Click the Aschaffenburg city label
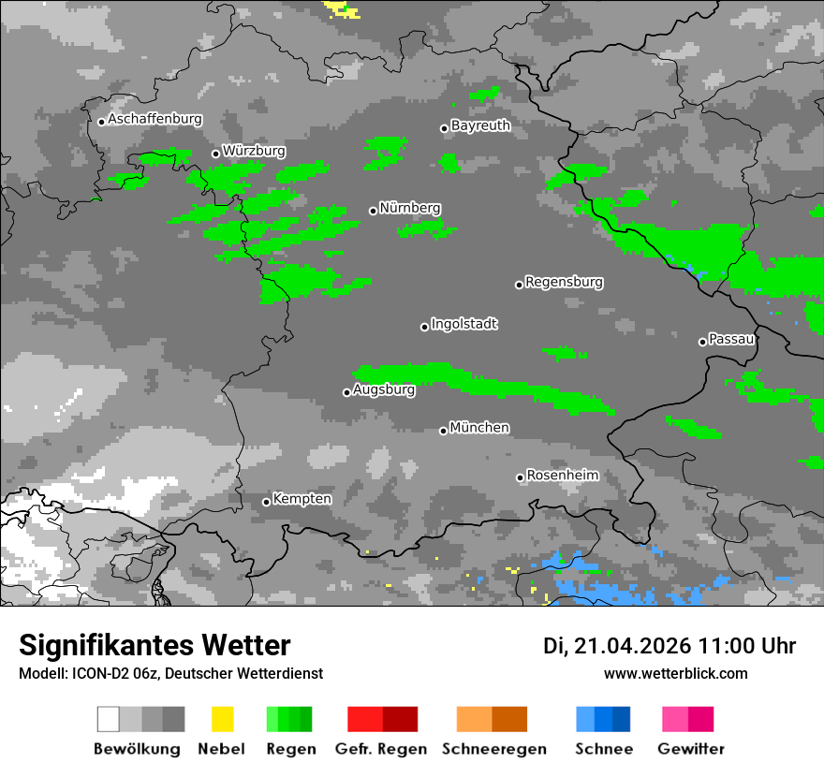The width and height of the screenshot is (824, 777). tap(154, 120)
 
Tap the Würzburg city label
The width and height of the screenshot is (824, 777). tap(254, 151)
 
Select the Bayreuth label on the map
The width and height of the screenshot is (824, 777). tap(480, 125)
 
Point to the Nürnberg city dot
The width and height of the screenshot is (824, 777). tap(373, 211)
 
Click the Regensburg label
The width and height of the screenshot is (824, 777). tap(564, 282)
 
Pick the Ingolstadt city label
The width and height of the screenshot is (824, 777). tap(463, 324)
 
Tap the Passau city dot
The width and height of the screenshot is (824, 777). tap(702, 342)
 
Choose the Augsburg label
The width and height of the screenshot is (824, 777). tap(384, 390)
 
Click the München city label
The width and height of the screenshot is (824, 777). tap(479, 428)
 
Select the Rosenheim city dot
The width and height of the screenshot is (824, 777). tap(520, 477)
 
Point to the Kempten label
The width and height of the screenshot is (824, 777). tap(302, 499)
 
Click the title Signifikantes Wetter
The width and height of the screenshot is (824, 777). tap(154, 646)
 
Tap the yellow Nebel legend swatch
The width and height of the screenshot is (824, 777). tap(222, 719)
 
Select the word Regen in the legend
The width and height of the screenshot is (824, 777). tap(289, 749)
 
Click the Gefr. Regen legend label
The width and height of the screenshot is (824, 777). tap(381, 749)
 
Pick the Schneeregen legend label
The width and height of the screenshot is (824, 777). tap(493, 749)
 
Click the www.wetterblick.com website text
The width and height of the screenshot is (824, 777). tap(675, 673)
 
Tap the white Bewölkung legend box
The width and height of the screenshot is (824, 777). tap(109, 719)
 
